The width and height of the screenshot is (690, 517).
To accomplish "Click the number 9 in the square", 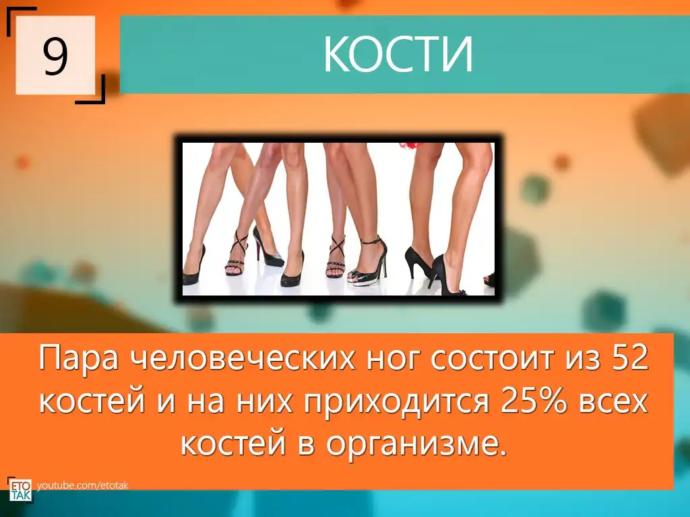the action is pos(55,55).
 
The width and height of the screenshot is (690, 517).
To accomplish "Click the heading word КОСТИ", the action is pos(398,55).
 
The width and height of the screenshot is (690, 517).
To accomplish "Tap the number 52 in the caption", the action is pos(631,358).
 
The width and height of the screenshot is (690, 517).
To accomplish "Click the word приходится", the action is pos(396,403).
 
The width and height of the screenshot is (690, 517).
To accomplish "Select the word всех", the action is pos(613,401).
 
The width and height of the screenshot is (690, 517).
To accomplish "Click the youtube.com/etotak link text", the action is pos(83,485).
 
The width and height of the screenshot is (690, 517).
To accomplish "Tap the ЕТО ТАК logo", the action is pos(20,489).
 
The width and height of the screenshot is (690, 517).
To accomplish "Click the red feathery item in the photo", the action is pos(412,146).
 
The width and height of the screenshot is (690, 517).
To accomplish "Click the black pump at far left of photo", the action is pos(193,267).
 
